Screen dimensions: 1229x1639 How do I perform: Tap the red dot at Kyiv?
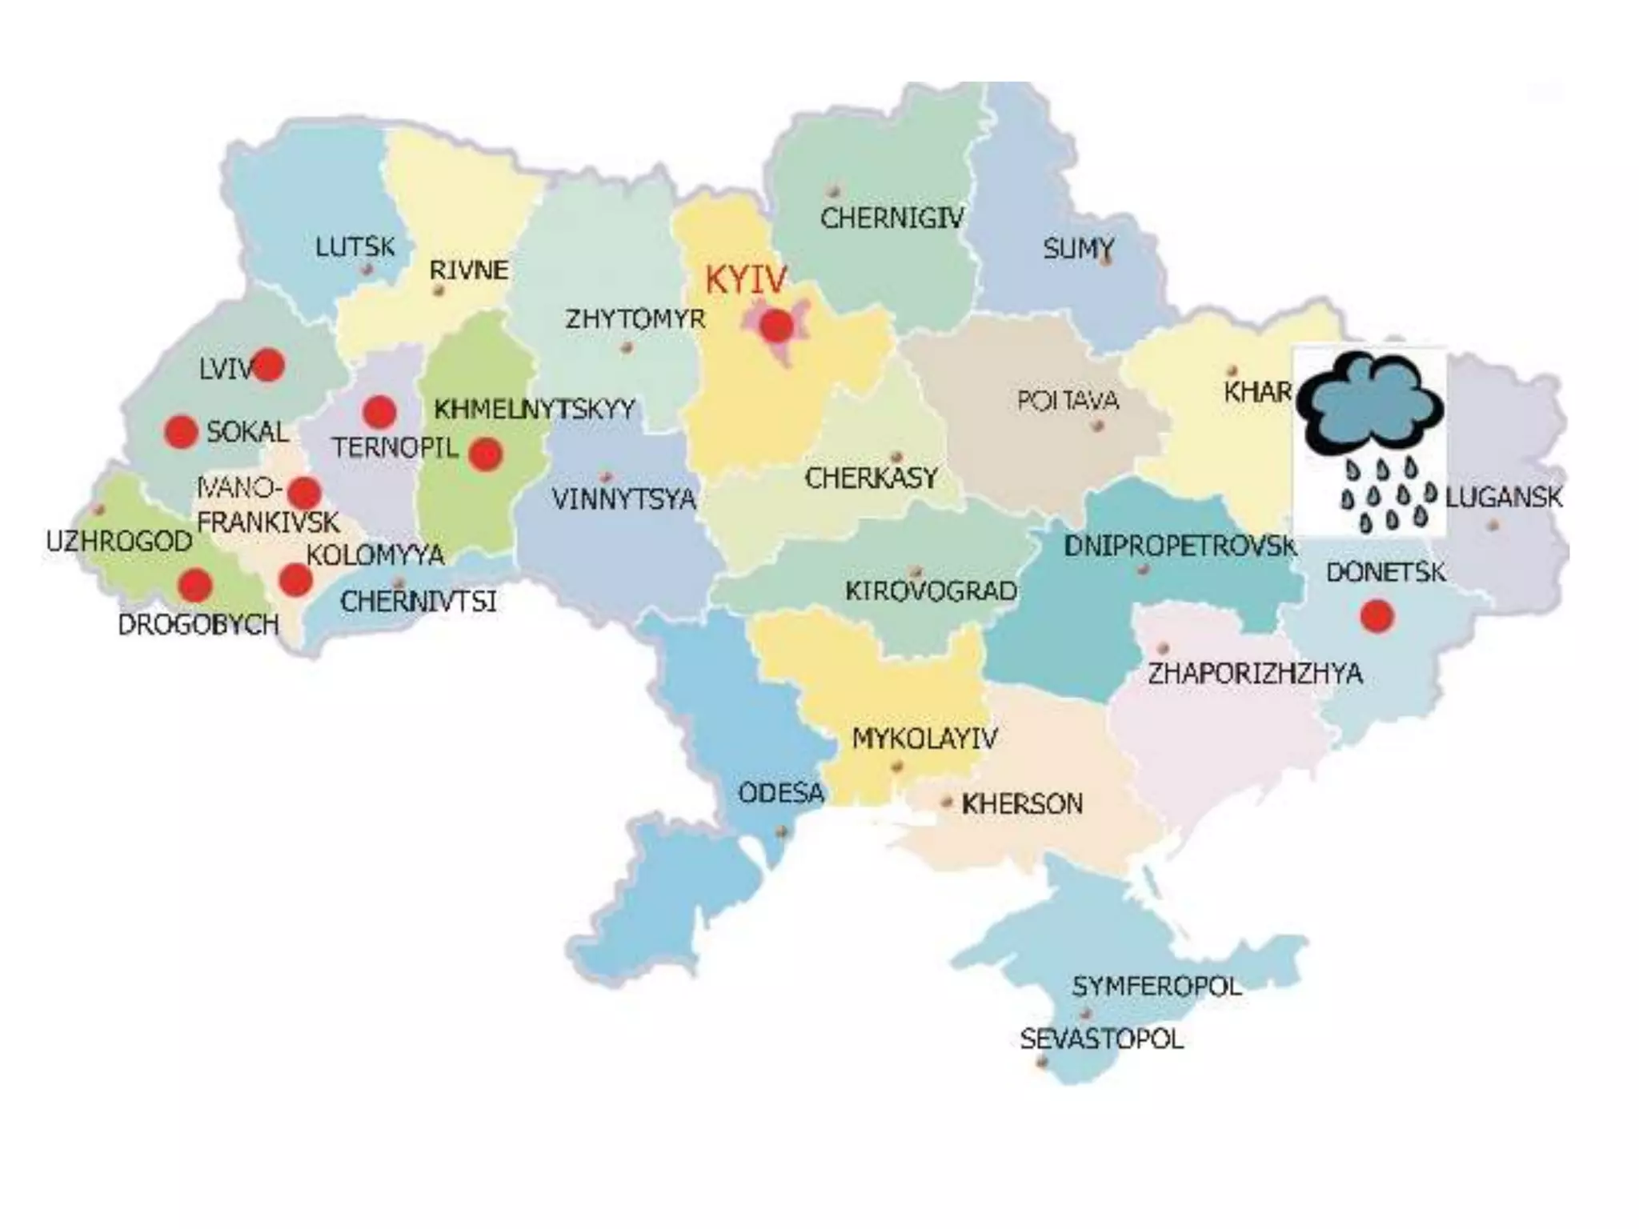(776, 326)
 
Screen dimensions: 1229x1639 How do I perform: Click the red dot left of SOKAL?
(181, 431)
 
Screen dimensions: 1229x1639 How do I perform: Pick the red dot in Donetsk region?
(1377, 616)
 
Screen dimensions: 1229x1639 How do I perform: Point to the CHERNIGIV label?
(892, 218)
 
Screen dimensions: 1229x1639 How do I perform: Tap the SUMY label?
(1078, 249)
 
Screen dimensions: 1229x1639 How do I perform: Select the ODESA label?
(780, 793)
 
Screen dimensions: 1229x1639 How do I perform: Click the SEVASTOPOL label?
(1101, 1039)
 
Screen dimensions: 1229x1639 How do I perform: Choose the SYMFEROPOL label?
(1156, 986)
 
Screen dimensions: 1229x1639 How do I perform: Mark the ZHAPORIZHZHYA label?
(1255, 673)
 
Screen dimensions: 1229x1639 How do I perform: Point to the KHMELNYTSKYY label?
(534, 410)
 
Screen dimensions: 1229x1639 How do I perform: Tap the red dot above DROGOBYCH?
(194, 586)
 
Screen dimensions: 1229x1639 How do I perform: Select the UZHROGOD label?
(119, 542)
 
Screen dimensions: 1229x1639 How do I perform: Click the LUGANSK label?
(1503, 497)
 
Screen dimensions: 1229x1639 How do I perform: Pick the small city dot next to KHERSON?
(947, 801)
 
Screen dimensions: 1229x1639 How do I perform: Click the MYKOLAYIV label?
(924, 738)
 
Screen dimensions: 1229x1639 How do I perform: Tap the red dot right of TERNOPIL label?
(486, 454)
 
